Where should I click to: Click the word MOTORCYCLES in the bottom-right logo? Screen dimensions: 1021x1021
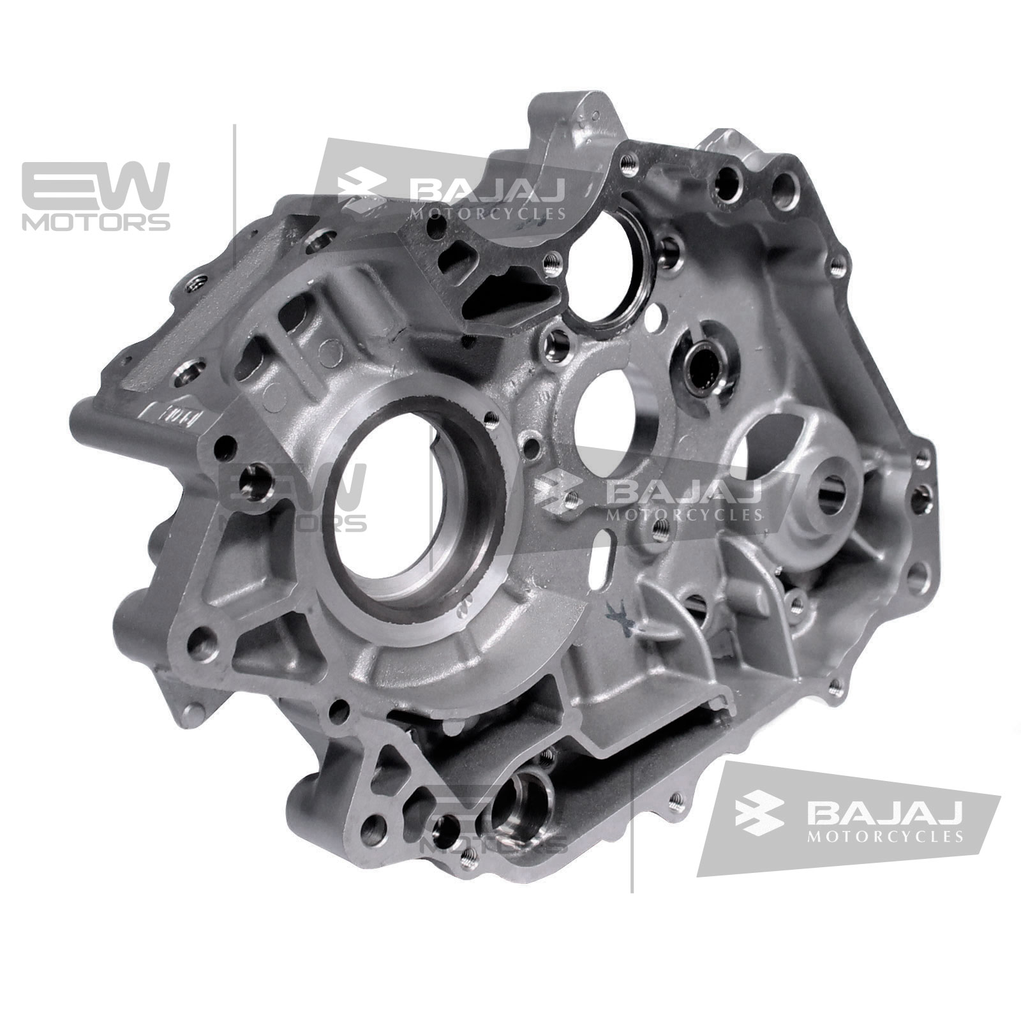point(884,837)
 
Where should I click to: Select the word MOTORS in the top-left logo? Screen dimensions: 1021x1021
point(96,221)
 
